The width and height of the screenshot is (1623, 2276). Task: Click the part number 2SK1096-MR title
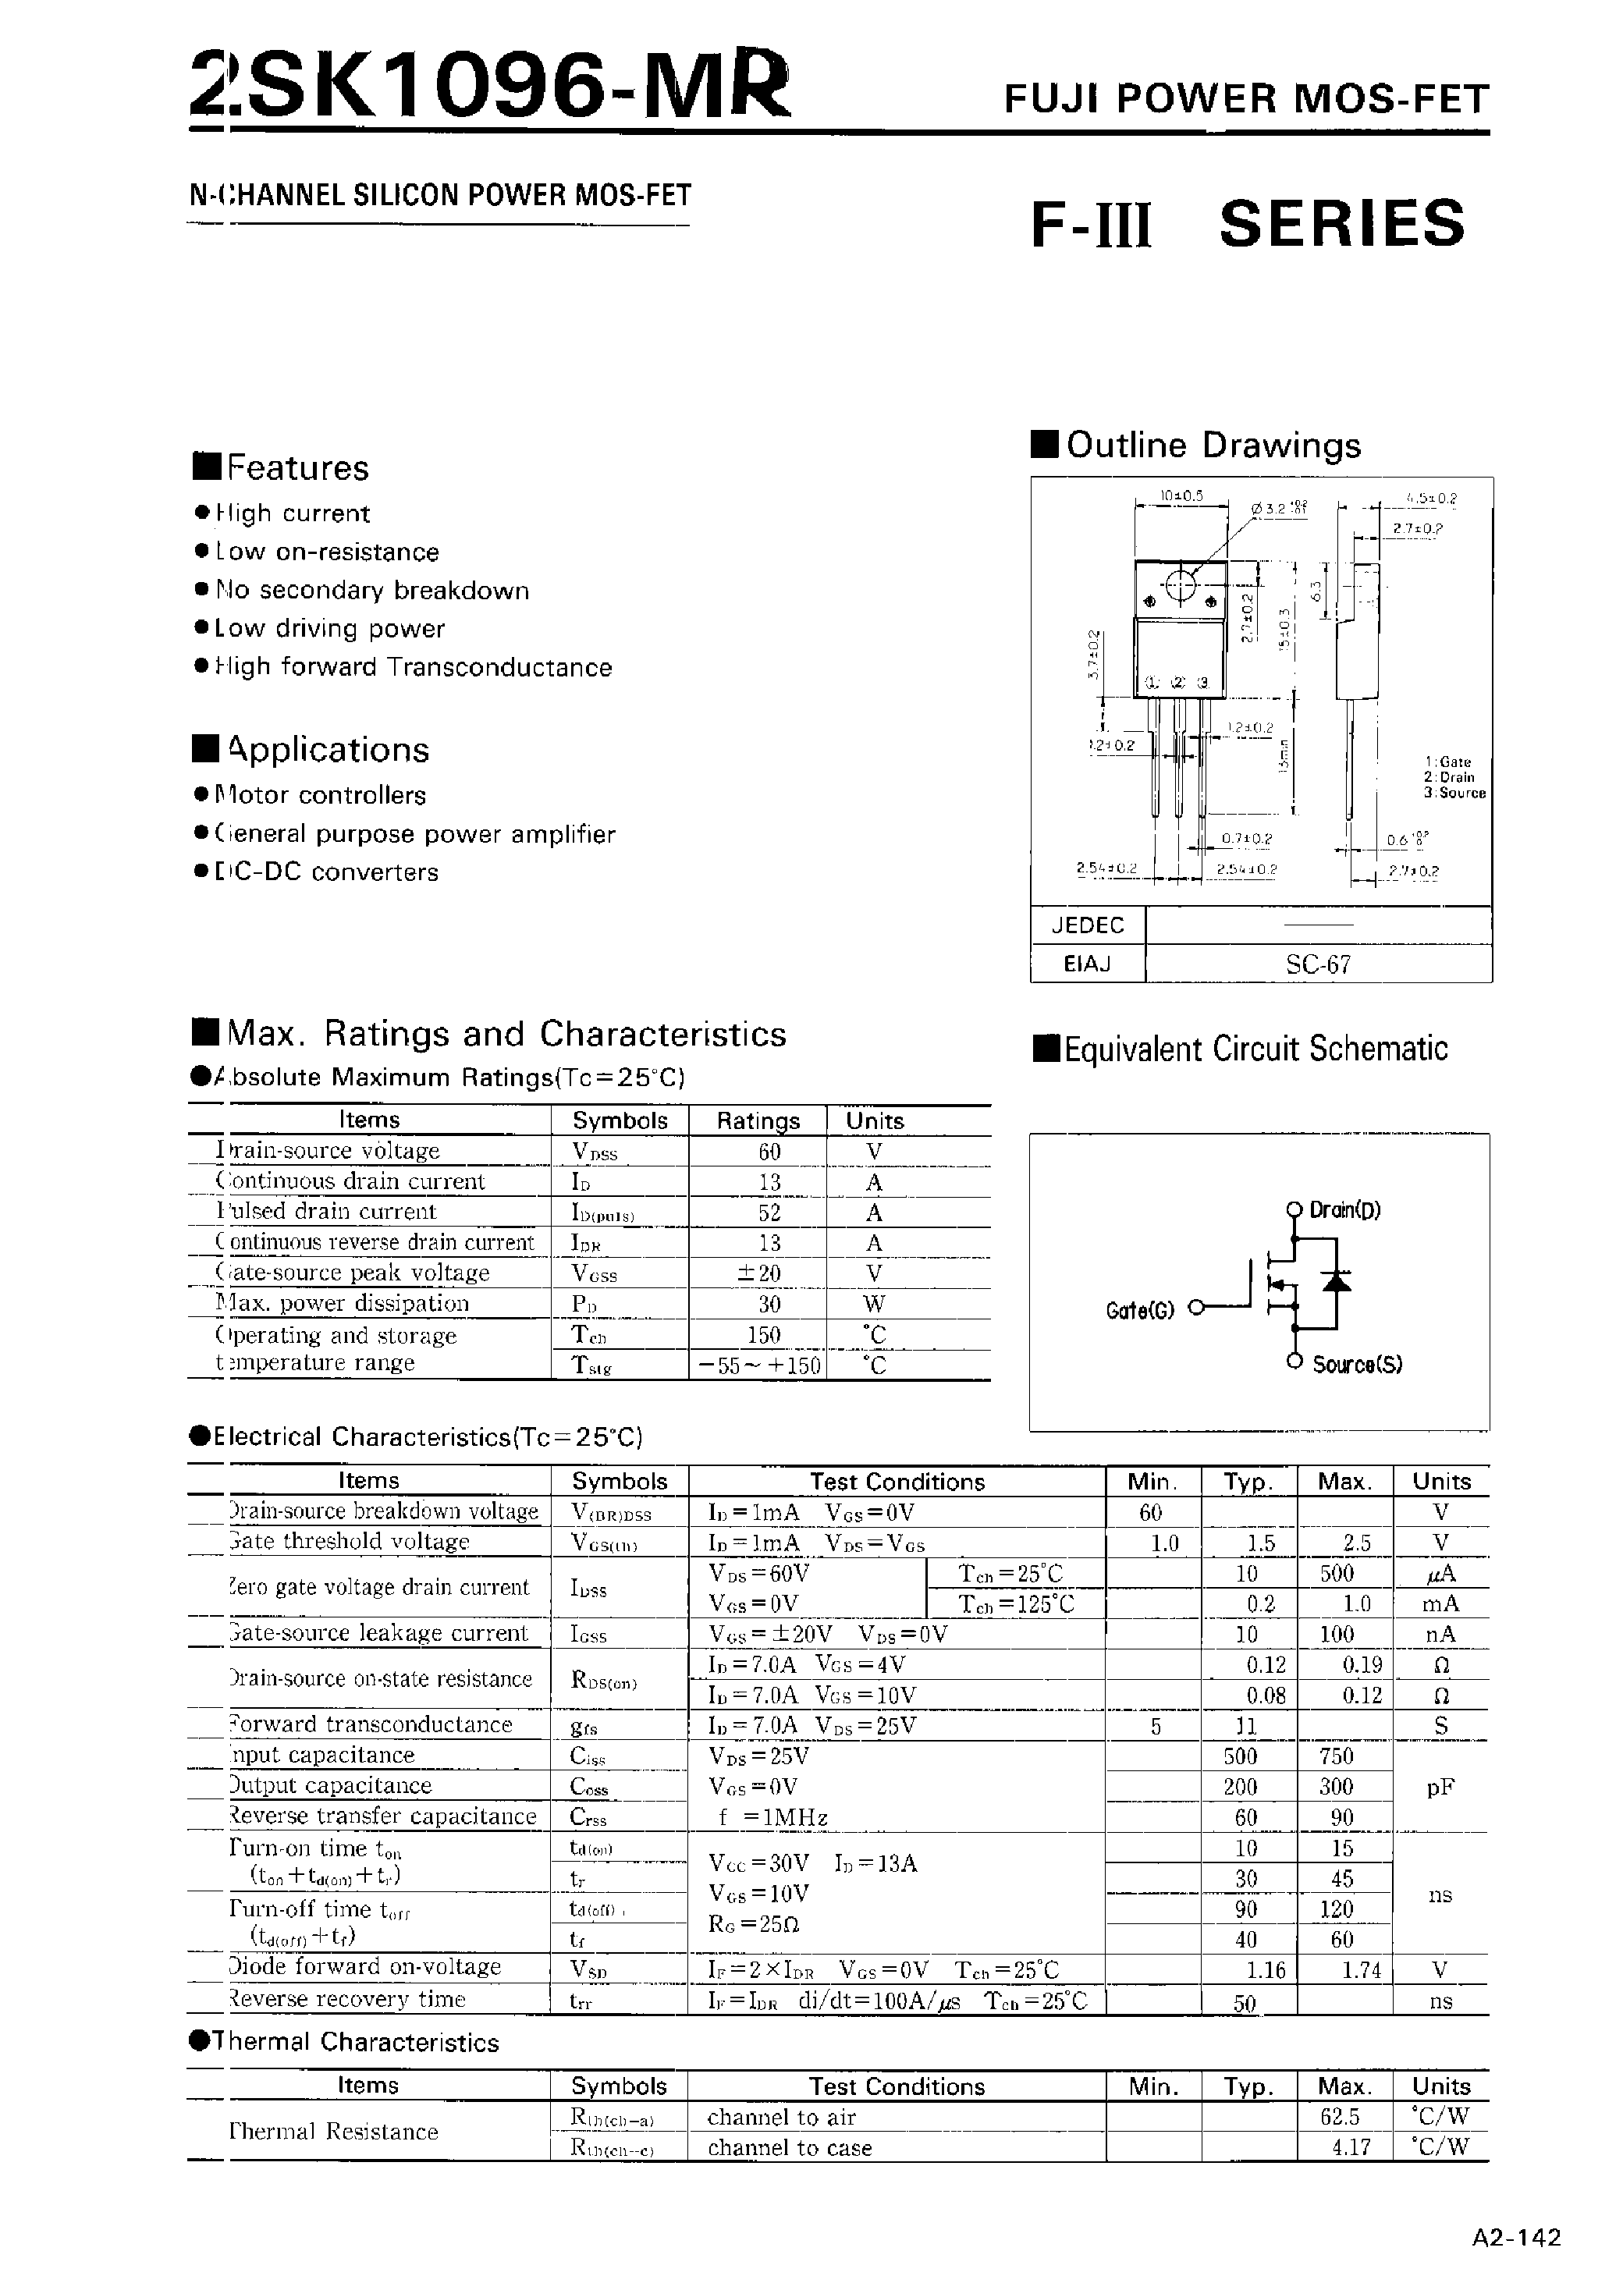coord(490,87)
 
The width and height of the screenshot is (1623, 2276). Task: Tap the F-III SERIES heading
coord(1247,224)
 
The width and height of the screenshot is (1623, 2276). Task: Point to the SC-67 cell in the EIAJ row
coord(1318,964)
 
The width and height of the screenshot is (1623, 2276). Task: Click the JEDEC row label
coord(1087,925)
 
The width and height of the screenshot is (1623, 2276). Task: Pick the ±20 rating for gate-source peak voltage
coord(757,1273)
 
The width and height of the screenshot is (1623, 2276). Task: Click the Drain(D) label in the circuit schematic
coord(1344,1210)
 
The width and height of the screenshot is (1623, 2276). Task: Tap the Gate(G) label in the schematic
coord(1139,1310)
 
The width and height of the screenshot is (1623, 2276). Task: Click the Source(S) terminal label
coord(1356,1365)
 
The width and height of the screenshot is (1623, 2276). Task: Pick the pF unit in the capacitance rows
coord(1440,1788)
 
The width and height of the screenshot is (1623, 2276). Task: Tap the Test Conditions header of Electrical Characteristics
coord(897,1482)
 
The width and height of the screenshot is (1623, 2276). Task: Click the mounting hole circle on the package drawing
coord(1181,587)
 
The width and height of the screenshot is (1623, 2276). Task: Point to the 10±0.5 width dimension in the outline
coord(1181,495)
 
